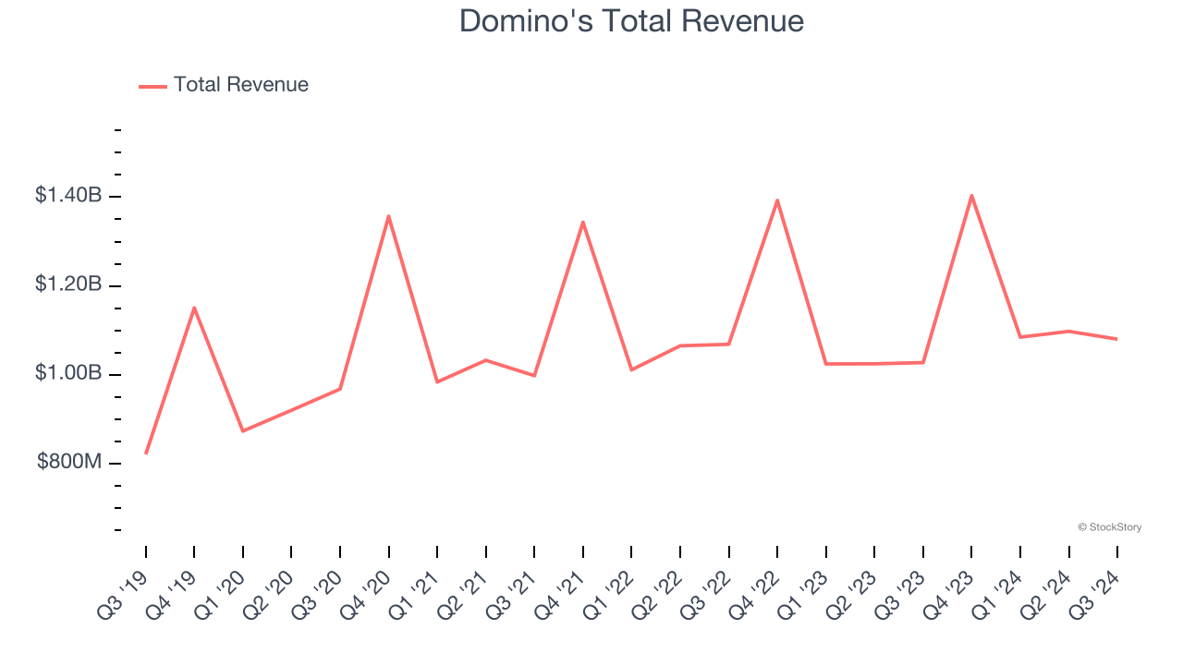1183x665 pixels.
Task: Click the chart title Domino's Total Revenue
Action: [x=631, y=21]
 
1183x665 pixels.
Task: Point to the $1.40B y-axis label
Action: [x=67, y=196]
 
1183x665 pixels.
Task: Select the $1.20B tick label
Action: [x=67, y=284]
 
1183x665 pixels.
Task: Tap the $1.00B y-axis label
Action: [x=67, y=373]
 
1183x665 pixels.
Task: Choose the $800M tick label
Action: [x=68, y=462]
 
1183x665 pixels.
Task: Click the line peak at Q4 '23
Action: [x=971, y=195]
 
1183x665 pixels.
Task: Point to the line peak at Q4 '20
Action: [x=388, y=216]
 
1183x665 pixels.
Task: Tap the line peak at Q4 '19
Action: [x=194, y=308]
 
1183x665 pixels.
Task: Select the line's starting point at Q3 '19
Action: [x=146, y=453]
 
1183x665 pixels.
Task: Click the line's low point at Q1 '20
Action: [x=243, y=430]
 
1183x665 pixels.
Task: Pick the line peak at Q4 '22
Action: [x=777, y=200]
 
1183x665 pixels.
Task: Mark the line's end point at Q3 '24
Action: [x=1116, y=339]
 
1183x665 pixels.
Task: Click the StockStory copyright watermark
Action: [x=1109, y=527]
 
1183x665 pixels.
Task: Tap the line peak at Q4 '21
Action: [x=582, y=222]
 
